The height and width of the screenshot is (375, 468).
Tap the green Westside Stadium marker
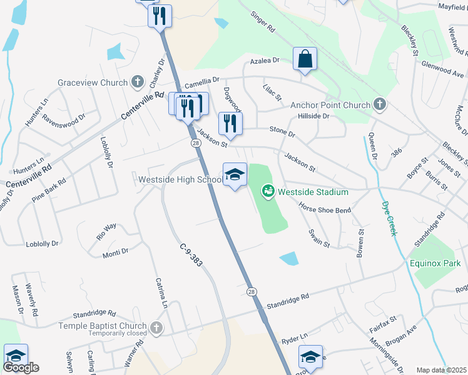(268, 189)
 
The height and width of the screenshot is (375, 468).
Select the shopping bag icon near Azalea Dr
(305, 59)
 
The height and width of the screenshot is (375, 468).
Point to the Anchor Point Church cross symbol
(379, 104)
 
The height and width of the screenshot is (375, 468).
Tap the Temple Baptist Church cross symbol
(156, 326)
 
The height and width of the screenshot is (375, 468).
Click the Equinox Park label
(436, 263)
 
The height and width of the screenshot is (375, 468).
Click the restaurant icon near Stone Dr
(230, 123)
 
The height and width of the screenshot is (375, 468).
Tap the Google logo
(21, 367)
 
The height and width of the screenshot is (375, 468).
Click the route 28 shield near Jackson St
(195, 143)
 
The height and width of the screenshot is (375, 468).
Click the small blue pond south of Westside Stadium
(288, 257)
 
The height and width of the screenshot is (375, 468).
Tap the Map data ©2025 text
(441, 370)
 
